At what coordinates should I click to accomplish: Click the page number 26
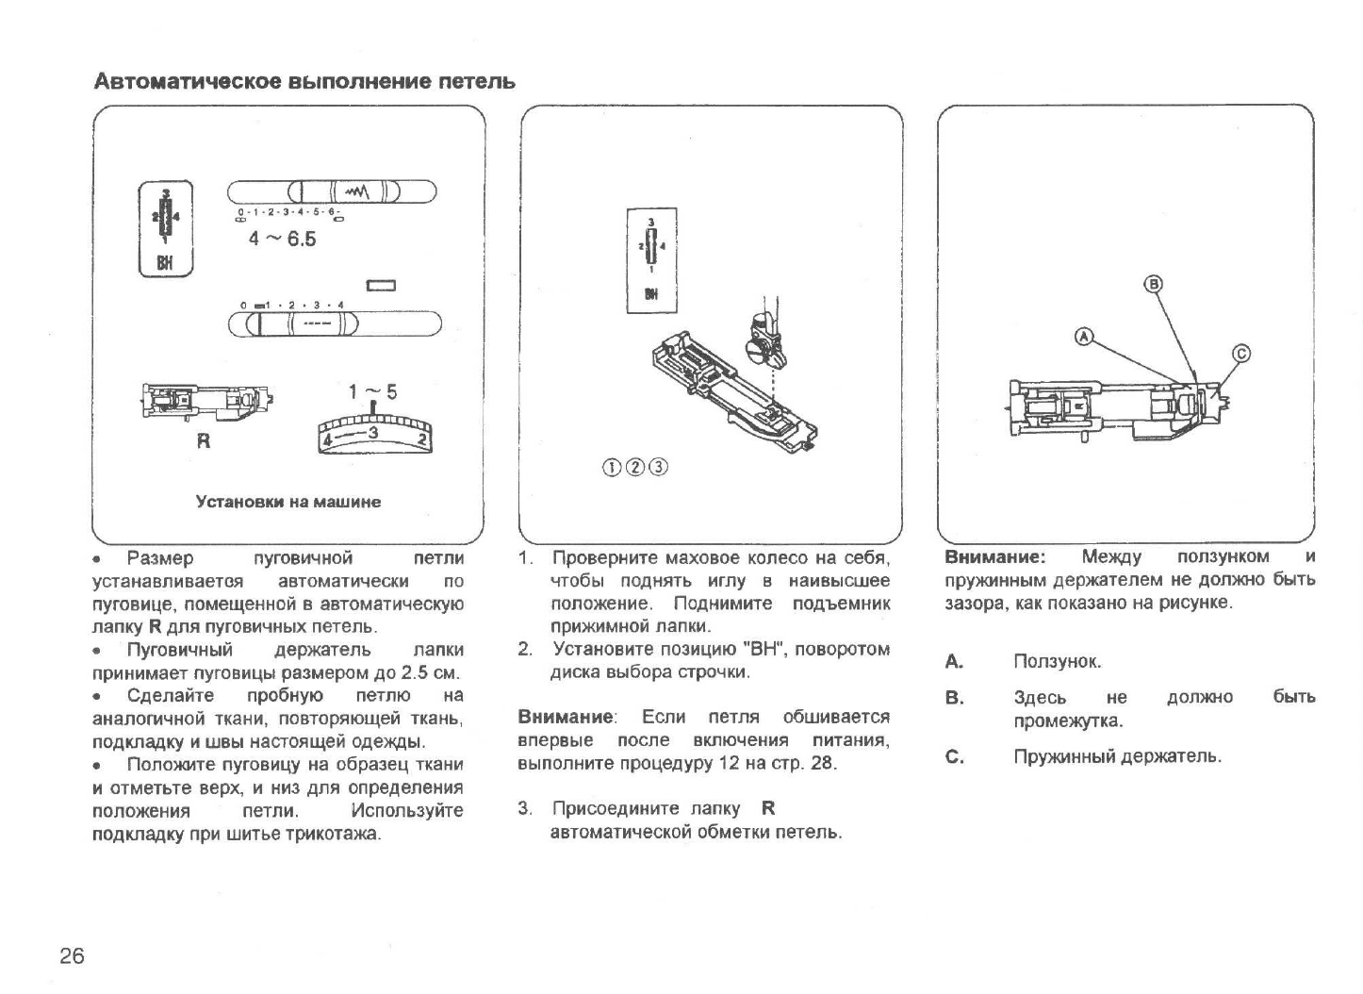tap(72, 956)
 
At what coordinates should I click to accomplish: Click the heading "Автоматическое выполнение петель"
tap(304, 81)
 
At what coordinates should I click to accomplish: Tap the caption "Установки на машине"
tap(288, 502)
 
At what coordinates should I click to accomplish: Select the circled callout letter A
tap(1085, 336)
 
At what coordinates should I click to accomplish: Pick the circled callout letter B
tap(1153, 284)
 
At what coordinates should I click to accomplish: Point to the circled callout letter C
tap(1241, 354)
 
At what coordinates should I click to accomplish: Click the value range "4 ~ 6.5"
tap(282, 239)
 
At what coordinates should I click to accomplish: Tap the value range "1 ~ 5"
tap(372, 392)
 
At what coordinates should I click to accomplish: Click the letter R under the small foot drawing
tap(203, 440)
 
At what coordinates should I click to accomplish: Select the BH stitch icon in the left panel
tap(166, 229)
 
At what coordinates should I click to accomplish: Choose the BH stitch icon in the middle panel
tap(651, 259)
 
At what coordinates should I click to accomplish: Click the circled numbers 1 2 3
tap(635, 467)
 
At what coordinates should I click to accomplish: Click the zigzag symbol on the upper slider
tap(356, 191)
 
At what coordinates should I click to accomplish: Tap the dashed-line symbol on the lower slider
tap(316, 323)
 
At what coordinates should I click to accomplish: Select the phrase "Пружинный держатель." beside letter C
tap(1117, 756)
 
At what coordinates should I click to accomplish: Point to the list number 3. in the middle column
tap(525, 808)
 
